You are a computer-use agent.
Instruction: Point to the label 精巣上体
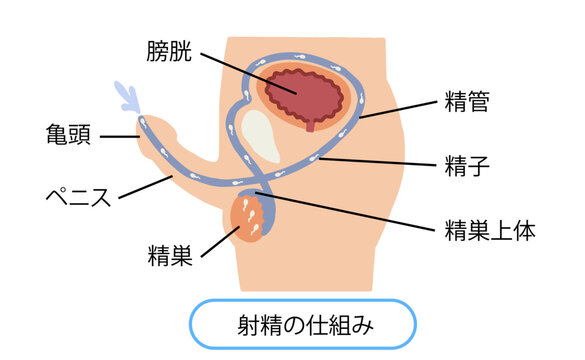coord(491,231)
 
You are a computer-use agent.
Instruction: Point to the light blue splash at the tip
coord(128,97)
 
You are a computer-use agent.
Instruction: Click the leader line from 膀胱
coord(250,70)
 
